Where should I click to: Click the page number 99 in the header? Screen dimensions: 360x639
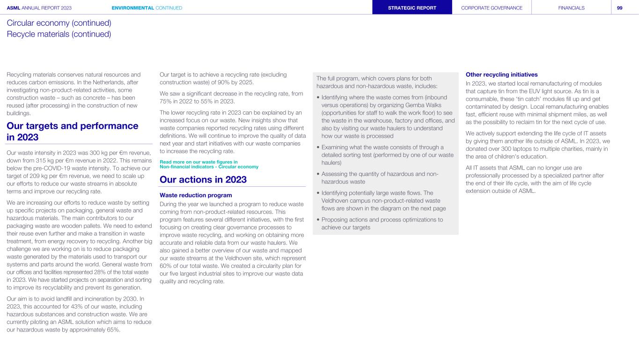(619, 7)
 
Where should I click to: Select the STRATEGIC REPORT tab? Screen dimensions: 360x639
(412, 7)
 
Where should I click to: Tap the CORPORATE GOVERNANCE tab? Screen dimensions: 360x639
(492, 7)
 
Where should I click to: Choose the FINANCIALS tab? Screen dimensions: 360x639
(571, 7)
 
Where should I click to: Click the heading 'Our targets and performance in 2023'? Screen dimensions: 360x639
(73, 132)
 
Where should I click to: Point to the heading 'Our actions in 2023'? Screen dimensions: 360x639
(203, 180)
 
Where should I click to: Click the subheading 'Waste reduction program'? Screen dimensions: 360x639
(196, 195)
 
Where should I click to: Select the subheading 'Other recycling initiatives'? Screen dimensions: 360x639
(501, 74)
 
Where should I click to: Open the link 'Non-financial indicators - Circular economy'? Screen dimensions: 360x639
(209, 167)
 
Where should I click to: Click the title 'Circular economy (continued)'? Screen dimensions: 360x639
(59, 23)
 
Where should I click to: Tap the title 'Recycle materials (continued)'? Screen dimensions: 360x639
(59, 34)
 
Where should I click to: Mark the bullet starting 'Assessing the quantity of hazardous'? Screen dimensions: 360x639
(379, 178)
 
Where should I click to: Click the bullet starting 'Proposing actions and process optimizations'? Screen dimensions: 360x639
(382, 223)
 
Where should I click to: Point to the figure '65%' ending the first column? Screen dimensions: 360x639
(113, 330)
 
